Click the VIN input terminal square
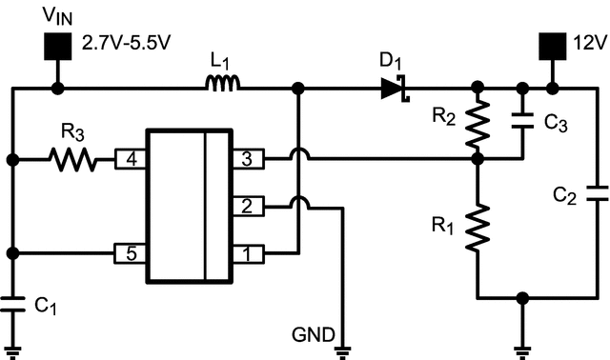click(x=58, y=45)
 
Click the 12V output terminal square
click(x=552, y=45)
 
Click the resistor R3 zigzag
click(x=72, y=159)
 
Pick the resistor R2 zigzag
click(x=478, y=125)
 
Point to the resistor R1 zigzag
click(x=478, y=229)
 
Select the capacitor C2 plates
click(x=597, y=194)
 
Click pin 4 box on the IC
click(x=129, y=159)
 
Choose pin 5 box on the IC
click(x=129, y=254)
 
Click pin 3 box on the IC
click(x=246, y=159)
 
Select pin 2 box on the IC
click(x=246, y=206)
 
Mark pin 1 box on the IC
click(x=246, y=254)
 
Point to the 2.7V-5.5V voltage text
click(x=128, y=44)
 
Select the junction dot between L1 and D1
click(x=298, y=89)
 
